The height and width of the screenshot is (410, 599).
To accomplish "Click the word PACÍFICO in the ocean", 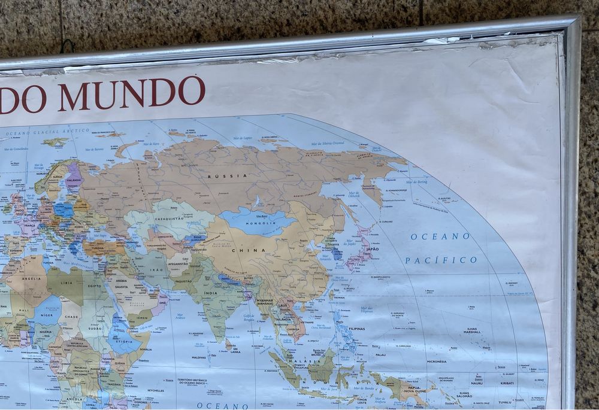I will click(441, 260).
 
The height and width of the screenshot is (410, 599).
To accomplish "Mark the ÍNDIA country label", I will click(210, 293).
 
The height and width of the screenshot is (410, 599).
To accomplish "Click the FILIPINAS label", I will click(357, 329).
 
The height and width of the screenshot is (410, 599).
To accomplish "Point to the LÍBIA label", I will click(66, 283).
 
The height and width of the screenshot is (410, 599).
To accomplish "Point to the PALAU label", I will click(381, 354).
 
